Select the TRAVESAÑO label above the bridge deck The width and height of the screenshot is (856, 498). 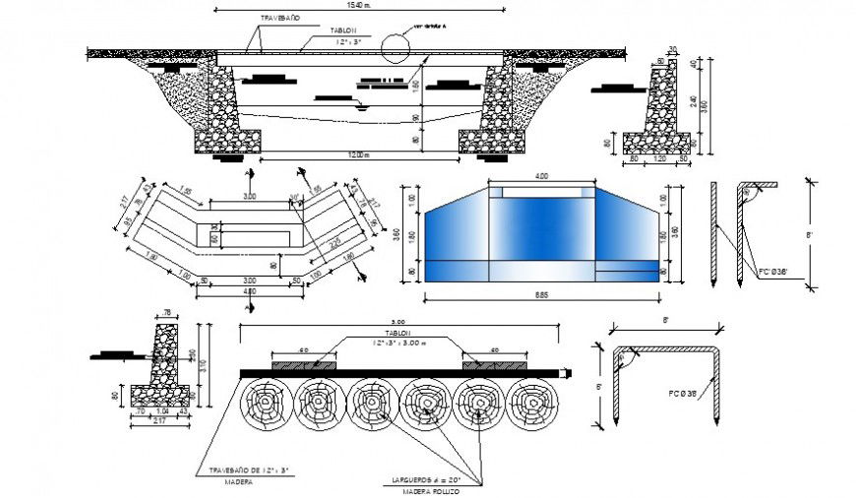tap(280, 19)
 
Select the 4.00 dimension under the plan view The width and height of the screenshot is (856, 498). tap(250, 292)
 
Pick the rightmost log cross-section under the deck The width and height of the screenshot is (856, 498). tap(532, 404)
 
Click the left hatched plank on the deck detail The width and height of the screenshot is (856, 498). tap(303, 364)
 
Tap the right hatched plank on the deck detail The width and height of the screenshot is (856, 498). tap(493, 364)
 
